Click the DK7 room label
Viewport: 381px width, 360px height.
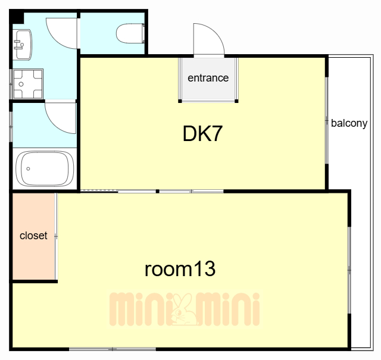click(202, 134)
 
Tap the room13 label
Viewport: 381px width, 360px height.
click(180, 269)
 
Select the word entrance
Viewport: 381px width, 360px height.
click(208, 78)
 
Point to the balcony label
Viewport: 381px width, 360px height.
click(349, 123)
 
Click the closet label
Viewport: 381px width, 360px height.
click(33, 236)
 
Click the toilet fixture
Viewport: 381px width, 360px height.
click(130, 33)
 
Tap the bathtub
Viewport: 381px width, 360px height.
click(45, 168)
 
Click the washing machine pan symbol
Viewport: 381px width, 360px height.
click(27, 84)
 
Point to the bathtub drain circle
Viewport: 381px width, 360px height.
click(28, 168)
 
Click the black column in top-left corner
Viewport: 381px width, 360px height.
click(17, 17)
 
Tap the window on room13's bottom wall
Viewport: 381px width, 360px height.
click(113, 349)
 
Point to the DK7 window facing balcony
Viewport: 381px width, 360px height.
click(327, 120)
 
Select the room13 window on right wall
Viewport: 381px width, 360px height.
click(349, 270)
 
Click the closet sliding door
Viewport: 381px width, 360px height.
click(56, 236)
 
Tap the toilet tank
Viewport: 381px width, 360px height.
click(143, 33)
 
